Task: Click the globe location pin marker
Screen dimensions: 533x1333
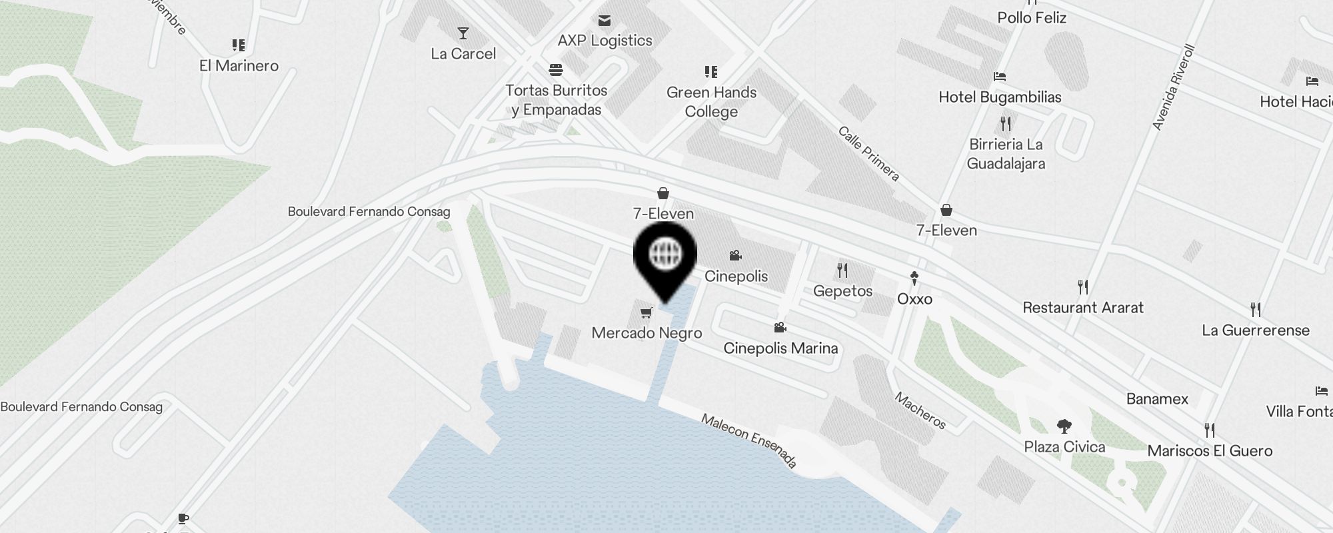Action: click(665, 257)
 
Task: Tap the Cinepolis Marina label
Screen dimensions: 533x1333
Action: click(780, 348)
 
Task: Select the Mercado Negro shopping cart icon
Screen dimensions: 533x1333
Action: click(645, 312)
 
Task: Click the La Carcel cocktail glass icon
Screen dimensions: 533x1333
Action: click(463, 33)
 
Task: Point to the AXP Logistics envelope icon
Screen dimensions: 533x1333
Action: click(605, 21)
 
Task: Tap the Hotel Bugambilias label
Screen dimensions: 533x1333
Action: click(1000, 97)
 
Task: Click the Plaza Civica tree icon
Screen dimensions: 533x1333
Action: click(1064, 426)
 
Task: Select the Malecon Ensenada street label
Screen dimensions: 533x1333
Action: click(749, 440)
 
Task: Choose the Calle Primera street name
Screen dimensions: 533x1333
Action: click(869, 153)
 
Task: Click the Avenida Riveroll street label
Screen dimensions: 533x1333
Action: click(1174, 87)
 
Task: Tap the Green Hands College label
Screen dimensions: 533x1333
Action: click(711, 102)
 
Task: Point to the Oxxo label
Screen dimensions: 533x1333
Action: click(914, 299)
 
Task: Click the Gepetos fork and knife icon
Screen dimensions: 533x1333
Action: click(842, 270)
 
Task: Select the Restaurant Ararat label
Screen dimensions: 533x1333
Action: click(1082, 308)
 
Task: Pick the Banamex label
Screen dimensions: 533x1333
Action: click(1157, 399)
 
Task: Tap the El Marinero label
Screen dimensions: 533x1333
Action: click(239, 66)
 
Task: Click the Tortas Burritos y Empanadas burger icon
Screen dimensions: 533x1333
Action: click(557, 70)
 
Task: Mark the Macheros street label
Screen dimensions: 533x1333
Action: click(920, 410)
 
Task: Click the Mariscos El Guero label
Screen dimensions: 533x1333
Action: click(1210, 451)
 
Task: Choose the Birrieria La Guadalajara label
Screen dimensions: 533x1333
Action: click(1006, 154)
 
